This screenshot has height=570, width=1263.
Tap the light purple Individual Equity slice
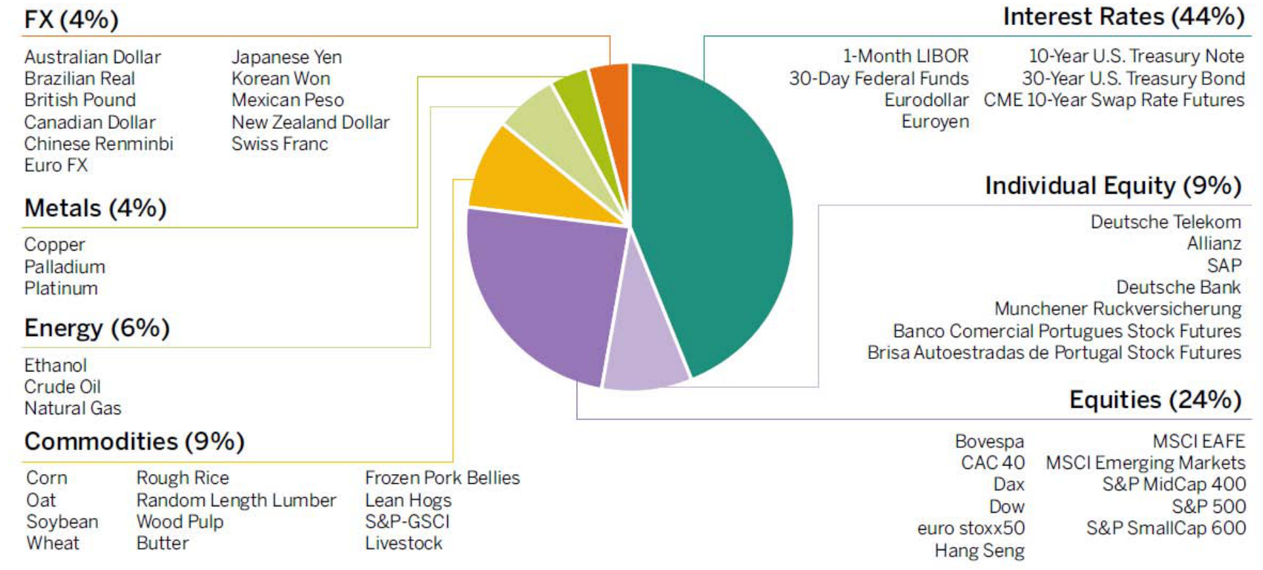click(x=644, y=342)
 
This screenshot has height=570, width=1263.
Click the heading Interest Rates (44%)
click(x=1123, y=17)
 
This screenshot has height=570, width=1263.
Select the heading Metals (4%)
click(x=95, y=208)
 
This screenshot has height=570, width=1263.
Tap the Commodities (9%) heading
click(x=134, y=441)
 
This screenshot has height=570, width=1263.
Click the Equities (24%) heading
click(x=1155, y=400)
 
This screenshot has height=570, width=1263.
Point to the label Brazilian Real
click(x=79, y=79)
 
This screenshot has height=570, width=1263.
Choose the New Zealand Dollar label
click(x=310, y=122)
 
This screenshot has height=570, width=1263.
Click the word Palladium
click(x=64, y=267)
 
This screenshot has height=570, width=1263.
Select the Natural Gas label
click(x=73, y=408)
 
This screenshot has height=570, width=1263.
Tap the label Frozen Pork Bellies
click(x=442, y=478)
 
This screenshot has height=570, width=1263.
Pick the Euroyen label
click(x=935, y=122)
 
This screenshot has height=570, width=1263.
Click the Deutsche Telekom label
click(x=1166, y=222)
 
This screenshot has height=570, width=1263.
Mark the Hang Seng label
click(x=979, y=550)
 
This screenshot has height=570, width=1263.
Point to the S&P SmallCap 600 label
click(x=1166, y=528)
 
